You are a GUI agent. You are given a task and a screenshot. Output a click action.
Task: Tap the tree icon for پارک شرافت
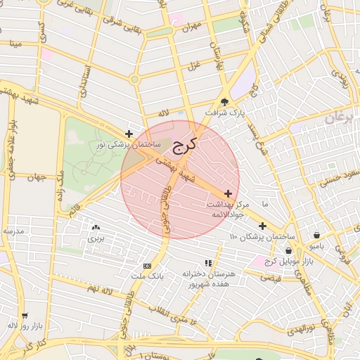point(225,101)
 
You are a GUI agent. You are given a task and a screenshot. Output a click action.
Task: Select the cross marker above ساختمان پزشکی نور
point(129,134)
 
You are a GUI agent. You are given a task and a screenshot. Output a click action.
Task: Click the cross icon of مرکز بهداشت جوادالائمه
point(228,193)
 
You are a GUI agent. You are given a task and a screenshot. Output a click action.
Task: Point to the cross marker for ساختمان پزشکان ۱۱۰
point(262,226)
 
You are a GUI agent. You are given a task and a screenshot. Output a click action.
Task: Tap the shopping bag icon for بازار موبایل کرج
point(288,251)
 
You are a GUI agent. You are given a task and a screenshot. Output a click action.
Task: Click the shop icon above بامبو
point(318,236)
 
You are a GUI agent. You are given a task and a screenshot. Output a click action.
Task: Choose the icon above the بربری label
point(96,227)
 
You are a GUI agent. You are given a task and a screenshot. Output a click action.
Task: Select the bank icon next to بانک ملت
point(147,266)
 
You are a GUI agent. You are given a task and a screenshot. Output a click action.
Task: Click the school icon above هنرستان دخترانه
point(207,262)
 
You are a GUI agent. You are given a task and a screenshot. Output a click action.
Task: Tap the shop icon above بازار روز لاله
point(25,316)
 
